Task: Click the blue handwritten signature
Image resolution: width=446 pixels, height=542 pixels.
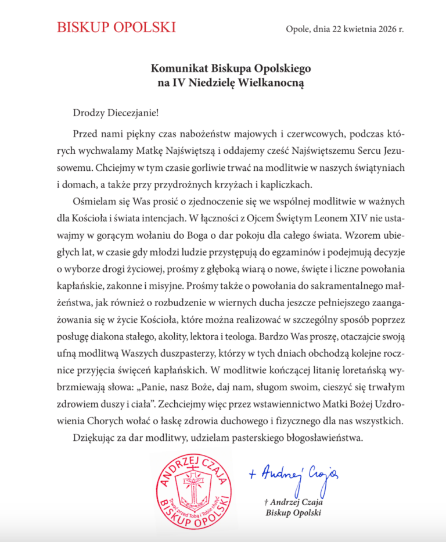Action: (293, 476)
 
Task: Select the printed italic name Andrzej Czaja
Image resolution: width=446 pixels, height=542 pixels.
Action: (292, 502)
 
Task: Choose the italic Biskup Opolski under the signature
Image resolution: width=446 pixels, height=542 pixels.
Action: (293, 513)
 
